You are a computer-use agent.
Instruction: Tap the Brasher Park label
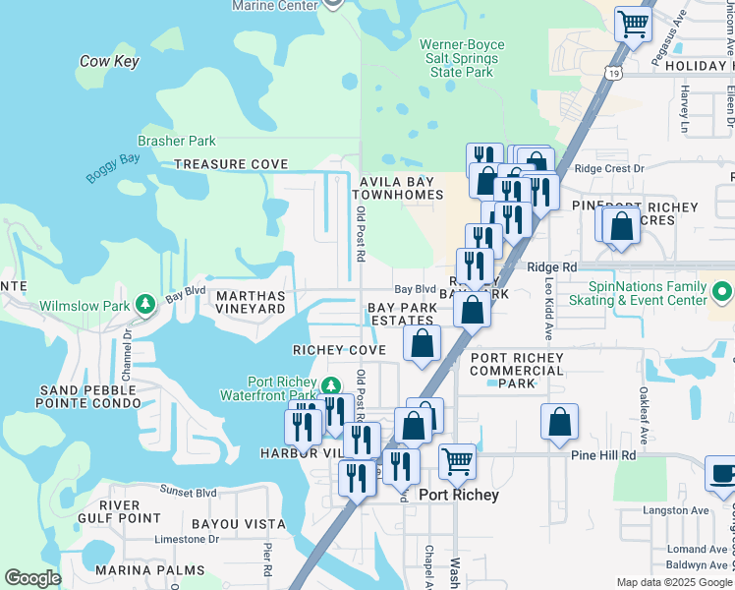tap(177, 142)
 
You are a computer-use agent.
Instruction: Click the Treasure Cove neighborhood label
tap(231, 164)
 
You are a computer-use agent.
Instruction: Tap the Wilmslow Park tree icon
tap(145, 305)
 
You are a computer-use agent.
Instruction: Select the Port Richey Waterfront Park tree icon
tap(331, 383)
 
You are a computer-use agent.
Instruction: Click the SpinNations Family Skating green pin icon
tap(722, 292)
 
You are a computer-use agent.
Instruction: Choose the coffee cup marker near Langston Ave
tap(722, 473)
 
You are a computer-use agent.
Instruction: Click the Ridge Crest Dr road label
tap(609, 168)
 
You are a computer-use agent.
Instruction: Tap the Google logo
tap(32, 578)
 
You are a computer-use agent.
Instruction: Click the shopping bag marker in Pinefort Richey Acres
tap(622, 226)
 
